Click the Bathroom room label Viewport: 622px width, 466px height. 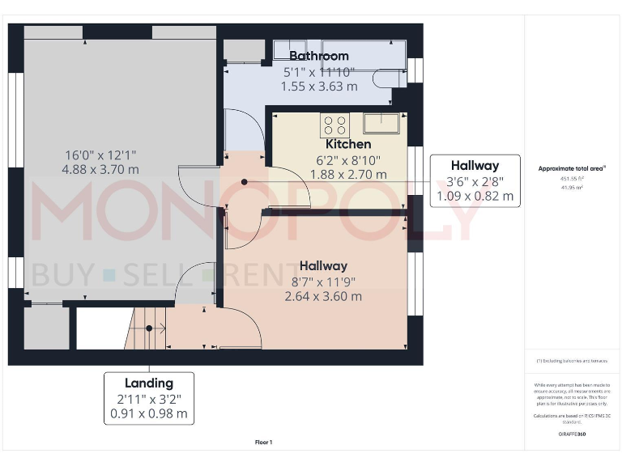[319, 56]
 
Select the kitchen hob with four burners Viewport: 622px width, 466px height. [334, 125]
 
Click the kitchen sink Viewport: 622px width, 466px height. [381, 123]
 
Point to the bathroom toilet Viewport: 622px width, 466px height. [390, 77]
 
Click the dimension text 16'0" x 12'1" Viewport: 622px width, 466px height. [100, 155]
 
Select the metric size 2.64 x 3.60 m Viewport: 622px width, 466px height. [323, 296]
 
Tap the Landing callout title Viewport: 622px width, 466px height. [149, 383]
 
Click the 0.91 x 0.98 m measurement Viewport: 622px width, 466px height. [149, 413]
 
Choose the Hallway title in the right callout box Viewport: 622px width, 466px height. [475, 166]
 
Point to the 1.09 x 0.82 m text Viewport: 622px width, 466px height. [475, 196]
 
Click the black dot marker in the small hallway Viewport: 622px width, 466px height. [245, 182]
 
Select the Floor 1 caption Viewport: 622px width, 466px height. [264, 443]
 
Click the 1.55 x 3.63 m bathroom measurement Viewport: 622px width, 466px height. [319, 85]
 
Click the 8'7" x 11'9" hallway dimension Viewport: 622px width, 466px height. [323, 282]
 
